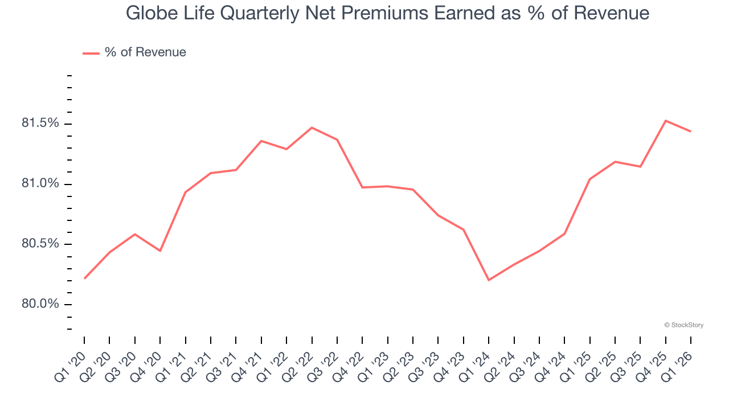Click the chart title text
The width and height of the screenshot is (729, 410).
(387, 13)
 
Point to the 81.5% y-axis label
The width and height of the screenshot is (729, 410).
(39, 124)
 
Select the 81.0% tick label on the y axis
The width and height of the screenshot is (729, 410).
(39, 184)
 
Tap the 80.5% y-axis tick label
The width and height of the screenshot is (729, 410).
(39, 244)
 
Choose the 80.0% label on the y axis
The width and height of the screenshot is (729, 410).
(39, 304)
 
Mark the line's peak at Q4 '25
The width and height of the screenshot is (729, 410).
(666, 121)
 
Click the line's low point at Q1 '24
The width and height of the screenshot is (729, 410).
(489, 280)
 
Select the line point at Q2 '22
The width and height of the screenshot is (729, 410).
(312, 128)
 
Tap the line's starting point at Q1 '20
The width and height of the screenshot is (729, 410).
(84, 278)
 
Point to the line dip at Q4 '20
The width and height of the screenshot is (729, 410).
(160, 251)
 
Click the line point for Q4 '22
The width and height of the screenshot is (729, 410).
(362, 187)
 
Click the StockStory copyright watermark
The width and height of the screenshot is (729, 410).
(683, 325)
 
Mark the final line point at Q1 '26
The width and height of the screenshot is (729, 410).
(691, 132)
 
